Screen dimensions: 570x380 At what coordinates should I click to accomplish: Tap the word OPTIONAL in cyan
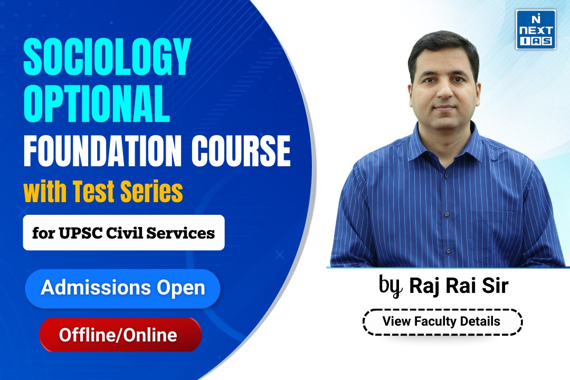click(x=97, y=103)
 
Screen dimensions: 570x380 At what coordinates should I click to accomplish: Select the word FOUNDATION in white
click(x=102, y=150)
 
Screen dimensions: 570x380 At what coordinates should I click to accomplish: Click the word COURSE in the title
click(x=241, y=150)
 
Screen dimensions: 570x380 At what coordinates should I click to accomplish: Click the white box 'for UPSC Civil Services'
click(x=123, y=233)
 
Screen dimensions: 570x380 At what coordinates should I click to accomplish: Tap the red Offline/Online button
click(x=120, y=335)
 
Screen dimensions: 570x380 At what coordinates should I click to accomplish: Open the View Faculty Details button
click(x=442, y=322)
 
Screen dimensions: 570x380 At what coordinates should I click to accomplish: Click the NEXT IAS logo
click(x=536, y=30)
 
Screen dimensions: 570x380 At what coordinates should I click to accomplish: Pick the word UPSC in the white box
click(x=80, y=233)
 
